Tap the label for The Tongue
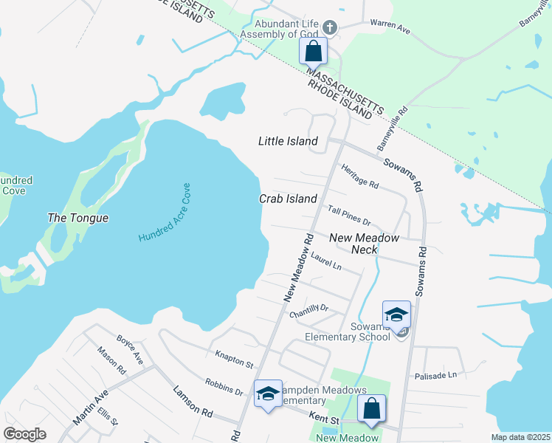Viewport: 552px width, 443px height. pos(77,218)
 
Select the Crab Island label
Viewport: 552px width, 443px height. pos(288,199)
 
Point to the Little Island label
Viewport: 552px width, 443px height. pos(288,141)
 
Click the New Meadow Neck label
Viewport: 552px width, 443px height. pos(364,244)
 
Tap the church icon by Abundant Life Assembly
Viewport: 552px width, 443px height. pos(329,28)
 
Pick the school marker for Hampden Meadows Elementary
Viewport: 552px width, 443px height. pos(268,393)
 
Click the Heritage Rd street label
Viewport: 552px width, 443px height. pos(360,176)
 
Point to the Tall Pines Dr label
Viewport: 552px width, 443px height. pos(349,216)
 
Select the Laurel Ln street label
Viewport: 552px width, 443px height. pos(326,261)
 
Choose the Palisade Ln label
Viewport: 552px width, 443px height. pos(435,375)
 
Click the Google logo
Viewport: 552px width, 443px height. pos(24,434)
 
